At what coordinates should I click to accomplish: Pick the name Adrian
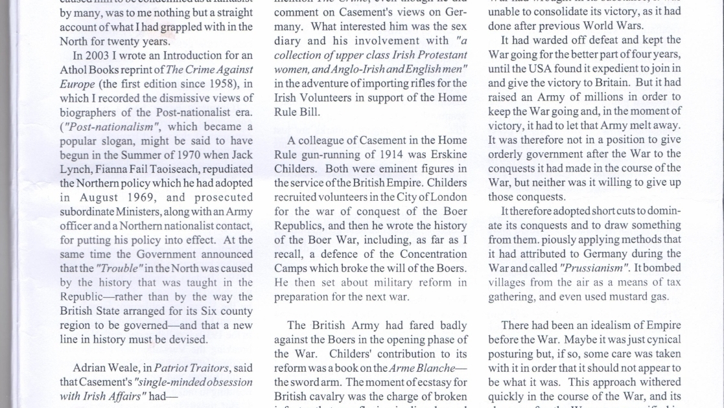[91, 368]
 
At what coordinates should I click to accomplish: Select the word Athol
[74, 69]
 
